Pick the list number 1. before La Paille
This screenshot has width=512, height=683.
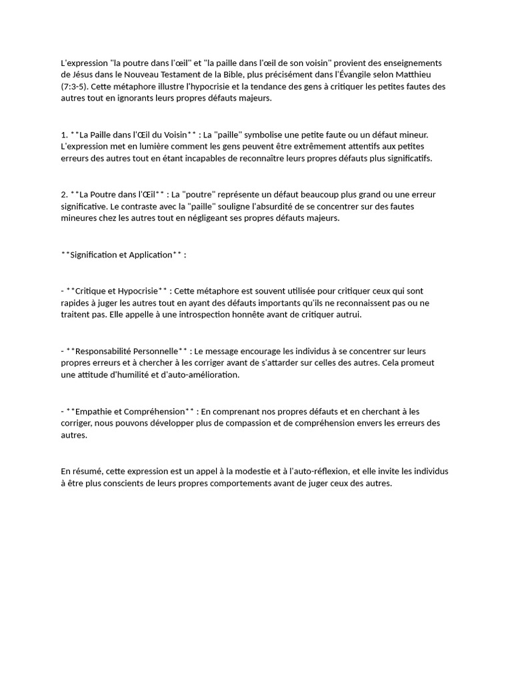click(64, 135)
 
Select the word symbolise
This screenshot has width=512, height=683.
click(268, 135)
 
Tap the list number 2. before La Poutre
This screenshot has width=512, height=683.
click(64, 195)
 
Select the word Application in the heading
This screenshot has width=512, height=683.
click(151, 255)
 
